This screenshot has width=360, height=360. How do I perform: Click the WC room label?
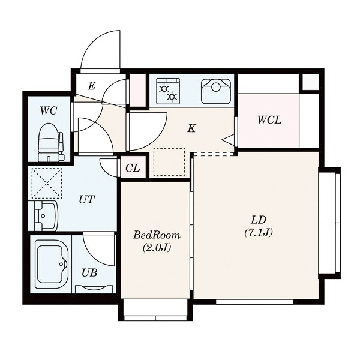(x=49, y=110)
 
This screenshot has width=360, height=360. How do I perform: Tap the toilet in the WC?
(x=51, y=142)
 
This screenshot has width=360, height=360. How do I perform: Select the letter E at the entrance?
(x=92, y=86)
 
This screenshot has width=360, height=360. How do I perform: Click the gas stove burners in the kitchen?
(x=168, y=91)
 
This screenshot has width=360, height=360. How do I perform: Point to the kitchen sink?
(x=216, y=91)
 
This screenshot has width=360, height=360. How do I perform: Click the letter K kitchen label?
(x=191, y=128)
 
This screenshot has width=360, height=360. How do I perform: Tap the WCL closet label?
(x=269, y=120)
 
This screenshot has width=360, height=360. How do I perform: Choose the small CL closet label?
(x=133, y=168)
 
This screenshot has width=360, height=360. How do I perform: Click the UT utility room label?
(x=87, y=200)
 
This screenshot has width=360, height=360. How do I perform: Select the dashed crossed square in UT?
(x=47, y=183)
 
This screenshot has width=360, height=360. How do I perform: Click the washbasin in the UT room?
(x=43, y=215)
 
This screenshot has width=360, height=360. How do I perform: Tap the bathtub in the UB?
(x=52, y=264)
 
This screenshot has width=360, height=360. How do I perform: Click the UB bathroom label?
(x=89, y=272)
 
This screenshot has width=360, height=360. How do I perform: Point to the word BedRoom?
(x=157, y=235)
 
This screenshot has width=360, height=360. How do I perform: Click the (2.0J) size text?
(x=157, y=247)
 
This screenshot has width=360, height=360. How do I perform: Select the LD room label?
(x=258, y=220)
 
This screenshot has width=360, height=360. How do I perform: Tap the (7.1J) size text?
(x=258, y=233)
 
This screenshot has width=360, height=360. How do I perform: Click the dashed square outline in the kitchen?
(x=169, y=162)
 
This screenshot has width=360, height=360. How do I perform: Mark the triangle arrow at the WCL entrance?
(x=228, y=139)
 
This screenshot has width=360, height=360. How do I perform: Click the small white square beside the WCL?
(x=310, y=82)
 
